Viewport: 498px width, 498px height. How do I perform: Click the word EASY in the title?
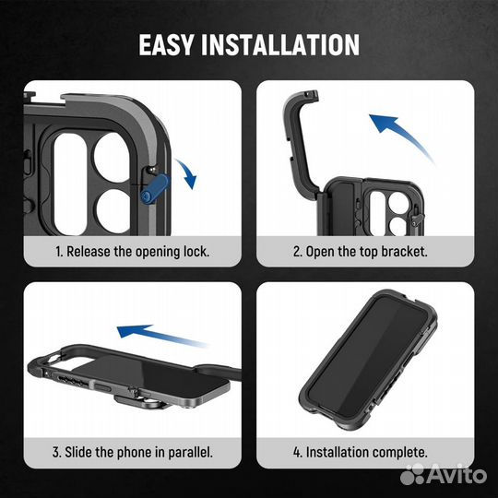[x=166, y=45]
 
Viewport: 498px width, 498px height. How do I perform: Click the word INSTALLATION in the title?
[x=280, y=45]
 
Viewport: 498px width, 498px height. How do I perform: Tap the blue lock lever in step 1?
[x=154, y=189]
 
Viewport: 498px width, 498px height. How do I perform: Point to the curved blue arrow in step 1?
[x=187, y=173]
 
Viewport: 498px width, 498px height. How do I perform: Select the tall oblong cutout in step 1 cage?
[x=70, y=184]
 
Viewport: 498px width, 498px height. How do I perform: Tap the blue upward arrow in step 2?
[x=401, y=136]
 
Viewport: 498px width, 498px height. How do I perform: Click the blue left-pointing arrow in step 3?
[x=162, y=335]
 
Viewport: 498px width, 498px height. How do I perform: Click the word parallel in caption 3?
[x=190, y=452]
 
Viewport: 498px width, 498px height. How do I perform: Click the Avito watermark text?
[x=456, y=475]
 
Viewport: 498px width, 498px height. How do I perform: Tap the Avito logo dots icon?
[x=412, y=474]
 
